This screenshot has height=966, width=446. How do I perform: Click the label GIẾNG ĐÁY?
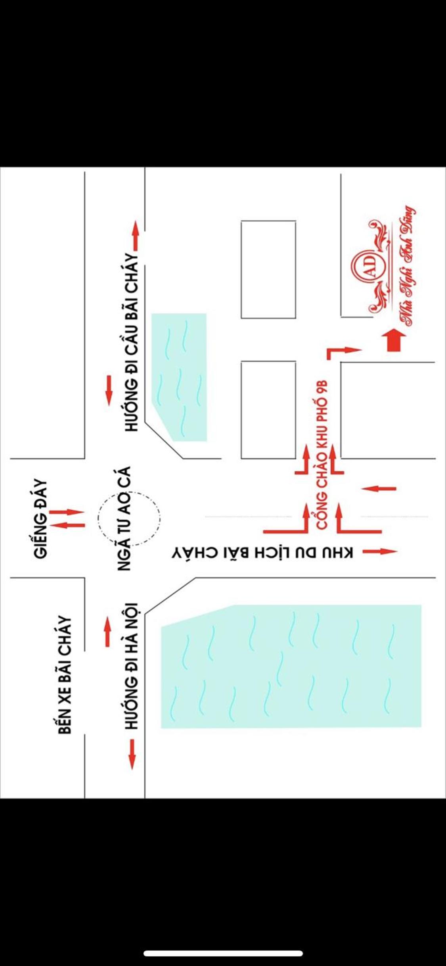(40, 519)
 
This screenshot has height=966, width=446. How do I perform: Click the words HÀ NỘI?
(131, 623)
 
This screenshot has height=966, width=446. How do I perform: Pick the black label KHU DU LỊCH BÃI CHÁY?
(262, 553)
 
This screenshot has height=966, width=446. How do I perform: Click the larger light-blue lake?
(291, 666)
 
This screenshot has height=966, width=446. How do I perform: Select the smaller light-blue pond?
(180, 377)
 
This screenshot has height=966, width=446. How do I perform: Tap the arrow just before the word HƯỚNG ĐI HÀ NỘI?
(132, 754)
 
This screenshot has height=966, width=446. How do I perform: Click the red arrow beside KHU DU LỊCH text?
(380, 551)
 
